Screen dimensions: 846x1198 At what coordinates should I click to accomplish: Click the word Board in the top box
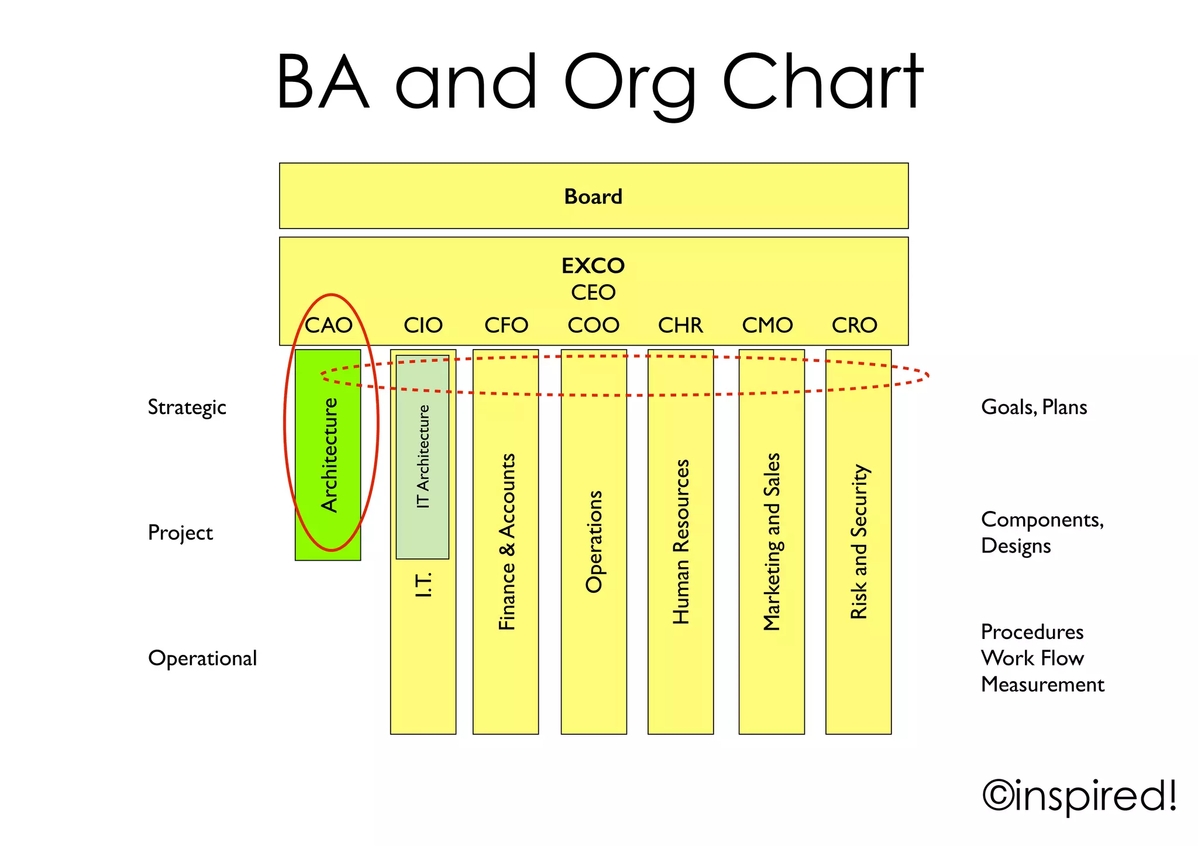point(593,197)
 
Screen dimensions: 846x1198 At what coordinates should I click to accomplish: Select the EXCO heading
point(593,266)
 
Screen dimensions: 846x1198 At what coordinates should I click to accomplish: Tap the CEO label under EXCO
point(593,292)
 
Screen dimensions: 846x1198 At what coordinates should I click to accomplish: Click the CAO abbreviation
point(329,325)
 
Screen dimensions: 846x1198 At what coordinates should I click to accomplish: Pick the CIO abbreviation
point(423,325)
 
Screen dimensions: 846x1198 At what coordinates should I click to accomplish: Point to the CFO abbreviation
point(506,325)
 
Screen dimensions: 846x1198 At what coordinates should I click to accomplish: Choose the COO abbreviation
point(593,325)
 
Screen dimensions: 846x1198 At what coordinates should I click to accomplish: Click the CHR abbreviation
point(680,325)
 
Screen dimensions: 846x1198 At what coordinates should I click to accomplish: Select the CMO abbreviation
point(767,325)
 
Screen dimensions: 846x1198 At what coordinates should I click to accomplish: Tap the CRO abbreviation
point(855,325)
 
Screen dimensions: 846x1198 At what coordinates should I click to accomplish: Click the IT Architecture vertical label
point(423,457)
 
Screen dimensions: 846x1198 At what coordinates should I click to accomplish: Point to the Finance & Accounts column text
point(507,541)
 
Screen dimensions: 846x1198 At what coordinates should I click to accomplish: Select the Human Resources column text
point(681,541)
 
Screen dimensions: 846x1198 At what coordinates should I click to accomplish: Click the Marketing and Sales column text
point(772,541)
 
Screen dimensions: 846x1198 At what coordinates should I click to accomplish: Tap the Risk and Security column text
point(859,541)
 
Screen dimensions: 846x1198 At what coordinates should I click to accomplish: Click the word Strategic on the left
point(187,408)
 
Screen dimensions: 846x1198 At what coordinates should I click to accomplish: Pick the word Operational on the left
point(202,658)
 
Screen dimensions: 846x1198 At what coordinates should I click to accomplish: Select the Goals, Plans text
point(1034,408)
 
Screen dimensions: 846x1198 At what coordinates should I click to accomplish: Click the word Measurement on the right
point(1042,685)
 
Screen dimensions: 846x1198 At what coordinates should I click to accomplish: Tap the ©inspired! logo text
point(1079,796)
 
